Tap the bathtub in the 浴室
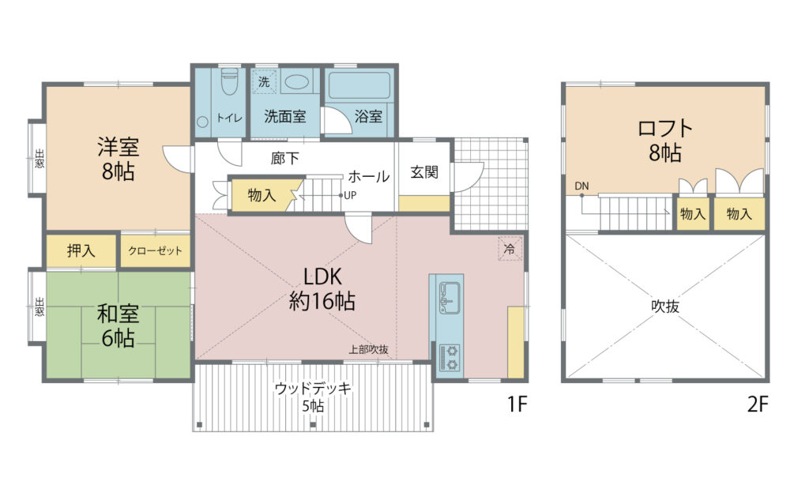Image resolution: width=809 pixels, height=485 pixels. [359, 85]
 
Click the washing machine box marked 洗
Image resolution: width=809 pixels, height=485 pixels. [264, 81]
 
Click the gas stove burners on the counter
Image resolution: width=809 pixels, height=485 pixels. [450, 358]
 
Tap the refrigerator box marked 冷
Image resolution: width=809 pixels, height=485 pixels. [510, 249]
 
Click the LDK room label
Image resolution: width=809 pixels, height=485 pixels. [322, 276]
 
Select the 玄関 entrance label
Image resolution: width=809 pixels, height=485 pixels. [424, 172]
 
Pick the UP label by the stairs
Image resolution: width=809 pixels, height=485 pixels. [350, 196]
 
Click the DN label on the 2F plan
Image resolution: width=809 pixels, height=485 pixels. [581, 186]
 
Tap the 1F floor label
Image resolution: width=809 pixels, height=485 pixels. [517, 404]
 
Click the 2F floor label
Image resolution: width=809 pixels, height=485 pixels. [758, 404]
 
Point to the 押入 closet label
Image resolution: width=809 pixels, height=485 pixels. [81, 250]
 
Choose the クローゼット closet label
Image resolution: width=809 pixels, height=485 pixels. [155, 251]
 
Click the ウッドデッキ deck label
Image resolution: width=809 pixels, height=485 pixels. [313, 388]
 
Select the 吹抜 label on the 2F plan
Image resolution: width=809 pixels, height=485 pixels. [665, 306]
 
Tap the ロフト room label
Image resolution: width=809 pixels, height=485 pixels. [665, 128]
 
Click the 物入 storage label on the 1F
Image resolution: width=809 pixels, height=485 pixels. [262, 196]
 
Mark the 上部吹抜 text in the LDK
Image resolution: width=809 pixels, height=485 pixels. [368, 349]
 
